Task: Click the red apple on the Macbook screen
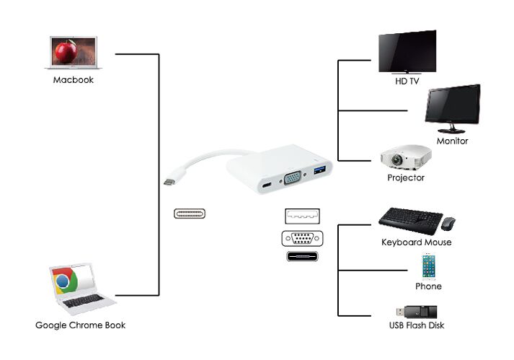click(66, 51)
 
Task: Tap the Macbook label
click(74, 80)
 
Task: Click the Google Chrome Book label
click(80, 325)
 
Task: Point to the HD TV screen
click(407, 51)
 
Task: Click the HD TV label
click(407, 81)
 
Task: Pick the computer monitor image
click(453, 108)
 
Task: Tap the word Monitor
click(453, 141)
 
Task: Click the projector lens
click(397, 160)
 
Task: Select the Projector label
click(406, 178)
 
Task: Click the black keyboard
click(410, 221)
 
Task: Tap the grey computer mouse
click(448, 223)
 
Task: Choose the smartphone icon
click(428, 266)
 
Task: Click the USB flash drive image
click(417, 312)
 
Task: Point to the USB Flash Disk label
click(417, 325)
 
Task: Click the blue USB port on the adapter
click(319, 170)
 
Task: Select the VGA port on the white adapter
click(293, 178)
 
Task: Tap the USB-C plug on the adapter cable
click(169, 182)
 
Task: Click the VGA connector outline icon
click(302, 239)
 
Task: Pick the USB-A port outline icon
click(302, 216)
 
